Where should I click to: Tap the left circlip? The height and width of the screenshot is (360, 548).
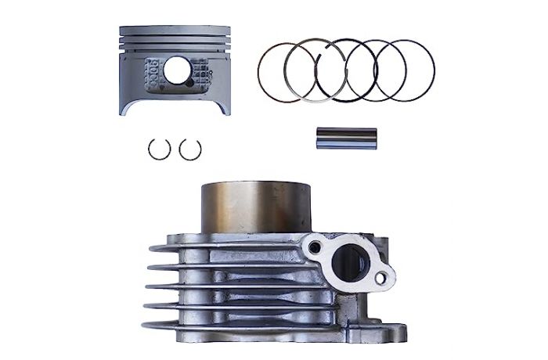coord(160,149)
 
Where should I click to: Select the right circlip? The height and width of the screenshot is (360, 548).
coord(190,149)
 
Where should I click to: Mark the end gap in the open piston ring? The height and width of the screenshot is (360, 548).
coord(324,52)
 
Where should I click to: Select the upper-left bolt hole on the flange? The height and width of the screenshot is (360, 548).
coord(315,248)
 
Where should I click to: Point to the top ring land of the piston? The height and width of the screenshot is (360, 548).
coord(175,31)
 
